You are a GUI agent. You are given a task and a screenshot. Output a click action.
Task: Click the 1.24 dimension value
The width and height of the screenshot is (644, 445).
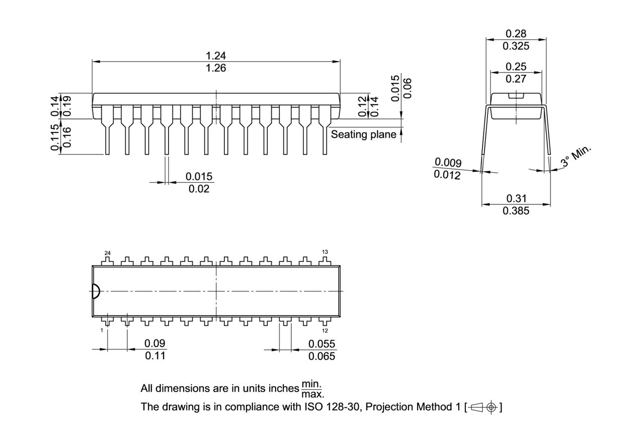[216, 55]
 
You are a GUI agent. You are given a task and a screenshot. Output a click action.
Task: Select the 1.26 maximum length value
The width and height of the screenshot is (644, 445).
[216, 68]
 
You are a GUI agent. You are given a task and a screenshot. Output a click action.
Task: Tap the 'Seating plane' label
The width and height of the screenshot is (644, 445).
[363, 134]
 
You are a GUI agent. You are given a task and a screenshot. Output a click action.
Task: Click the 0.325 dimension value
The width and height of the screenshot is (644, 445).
[516, 46]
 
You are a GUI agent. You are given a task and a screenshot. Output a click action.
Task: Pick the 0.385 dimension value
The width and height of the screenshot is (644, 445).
[516, 211]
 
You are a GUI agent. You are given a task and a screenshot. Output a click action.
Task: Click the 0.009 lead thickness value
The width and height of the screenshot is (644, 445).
[448, 162]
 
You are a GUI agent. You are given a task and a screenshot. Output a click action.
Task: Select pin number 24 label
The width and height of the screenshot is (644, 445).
[107, 252]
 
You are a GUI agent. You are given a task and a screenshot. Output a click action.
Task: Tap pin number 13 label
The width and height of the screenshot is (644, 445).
[325, 252]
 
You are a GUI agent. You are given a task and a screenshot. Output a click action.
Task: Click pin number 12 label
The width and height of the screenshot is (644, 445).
[325, 331]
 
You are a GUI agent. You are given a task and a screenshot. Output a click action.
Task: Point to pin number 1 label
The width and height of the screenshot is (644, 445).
[102, 330]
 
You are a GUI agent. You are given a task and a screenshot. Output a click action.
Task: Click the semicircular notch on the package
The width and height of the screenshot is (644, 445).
[96, 291]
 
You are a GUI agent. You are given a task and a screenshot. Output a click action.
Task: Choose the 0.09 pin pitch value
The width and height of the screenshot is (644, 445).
[155, 343]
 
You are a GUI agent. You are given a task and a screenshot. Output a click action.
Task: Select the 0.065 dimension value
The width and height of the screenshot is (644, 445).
[321, 356]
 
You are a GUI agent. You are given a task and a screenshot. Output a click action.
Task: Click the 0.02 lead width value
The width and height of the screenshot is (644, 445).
[199, 189]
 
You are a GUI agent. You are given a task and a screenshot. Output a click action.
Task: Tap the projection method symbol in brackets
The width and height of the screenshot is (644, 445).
[484, 407]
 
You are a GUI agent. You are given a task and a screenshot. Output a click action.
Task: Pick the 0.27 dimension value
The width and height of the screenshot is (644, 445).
[516, 79]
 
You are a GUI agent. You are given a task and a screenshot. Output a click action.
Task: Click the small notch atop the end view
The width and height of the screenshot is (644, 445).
[516, 95]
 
